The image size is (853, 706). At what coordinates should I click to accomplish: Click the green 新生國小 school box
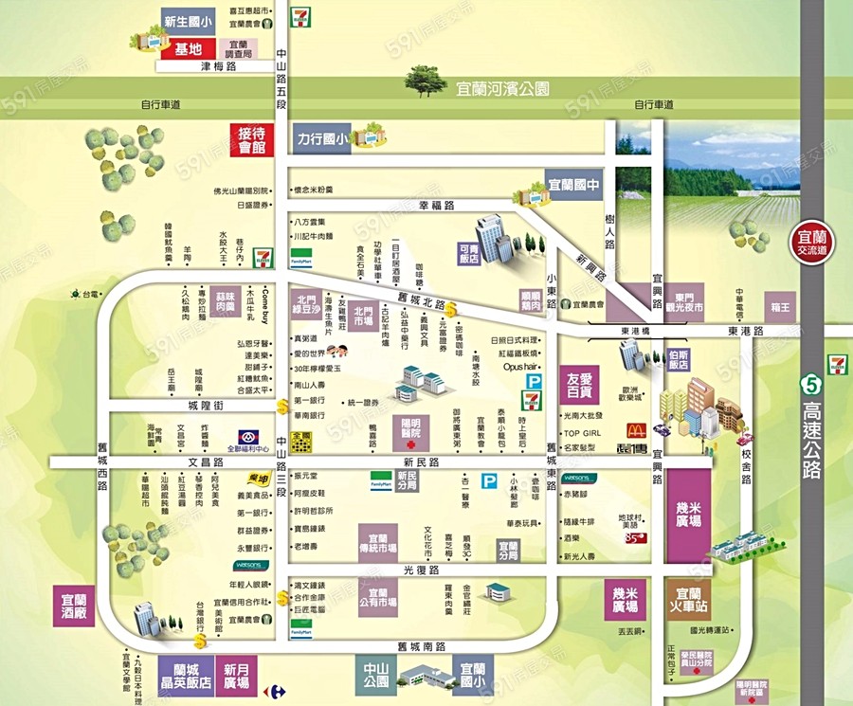point(189,20)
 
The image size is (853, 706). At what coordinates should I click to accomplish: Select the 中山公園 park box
point(376,676)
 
